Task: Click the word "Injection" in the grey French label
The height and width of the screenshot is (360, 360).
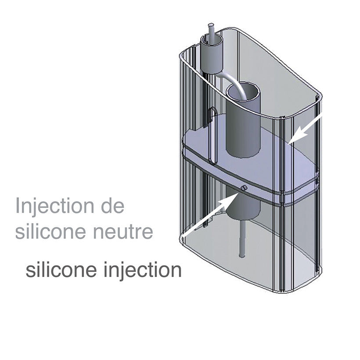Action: point(54,206)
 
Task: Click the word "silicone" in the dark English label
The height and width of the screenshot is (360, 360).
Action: point(61,270)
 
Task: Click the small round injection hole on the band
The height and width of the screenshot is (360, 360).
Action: point(244,188)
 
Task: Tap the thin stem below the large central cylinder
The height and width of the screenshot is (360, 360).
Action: point(242,238)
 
